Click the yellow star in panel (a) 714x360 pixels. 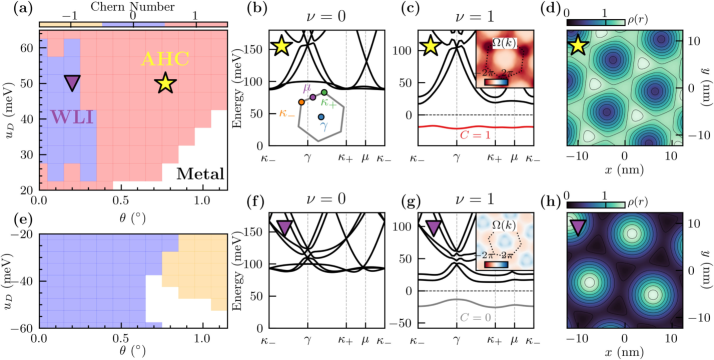tap(166, 84)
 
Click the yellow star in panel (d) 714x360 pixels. tap(577, 45)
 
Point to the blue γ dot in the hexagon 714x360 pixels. tap(320, 118)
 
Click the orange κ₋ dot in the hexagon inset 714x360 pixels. tap(301, 129)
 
